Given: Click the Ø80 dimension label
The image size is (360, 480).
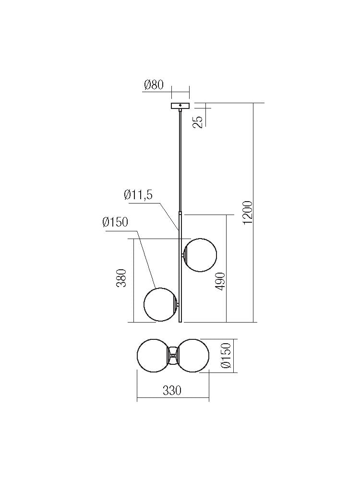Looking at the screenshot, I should [x=154, y=85].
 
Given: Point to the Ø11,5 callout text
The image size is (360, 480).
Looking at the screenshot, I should [x=138, y=194].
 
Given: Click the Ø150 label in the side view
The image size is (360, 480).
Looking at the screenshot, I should [x=116, y=222].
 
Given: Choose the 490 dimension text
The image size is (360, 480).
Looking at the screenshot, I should [x=220, y=283].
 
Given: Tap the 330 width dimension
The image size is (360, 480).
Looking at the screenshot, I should [x=172, y=391].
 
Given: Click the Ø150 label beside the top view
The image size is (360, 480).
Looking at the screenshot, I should [x=227, y=356].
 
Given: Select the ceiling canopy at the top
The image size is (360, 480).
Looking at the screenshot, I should [x=180, y=106].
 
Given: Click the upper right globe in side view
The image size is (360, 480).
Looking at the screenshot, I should [x=201, y=255].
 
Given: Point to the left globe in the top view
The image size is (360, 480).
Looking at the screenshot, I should [x=152, y=355].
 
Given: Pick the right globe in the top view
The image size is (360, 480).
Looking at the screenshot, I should [x=193, y=355].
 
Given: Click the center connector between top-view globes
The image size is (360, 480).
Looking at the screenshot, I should [x=173, y=355].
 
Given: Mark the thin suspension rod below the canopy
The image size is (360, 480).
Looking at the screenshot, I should [x=180, y=158].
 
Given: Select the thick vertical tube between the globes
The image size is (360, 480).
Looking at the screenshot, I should [x=180, y=278].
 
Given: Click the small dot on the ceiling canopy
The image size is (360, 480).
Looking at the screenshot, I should [x=180, y=105].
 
